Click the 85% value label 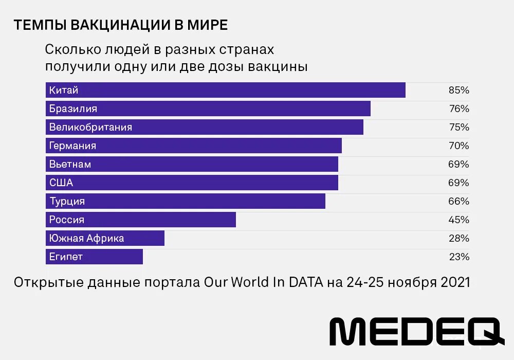pos(458,90)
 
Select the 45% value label pos(458,220)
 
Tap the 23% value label pos(458,257)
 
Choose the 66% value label pos(458,201)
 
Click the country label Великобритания pos(90,127)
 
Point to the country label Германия pos(72,146)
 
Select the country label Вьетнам pos(70,164)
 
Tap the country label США pos(61,183)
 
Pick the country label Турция pos(67,201)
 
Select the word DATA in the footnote pos(306,282)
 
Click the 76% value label pos(458,109)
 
